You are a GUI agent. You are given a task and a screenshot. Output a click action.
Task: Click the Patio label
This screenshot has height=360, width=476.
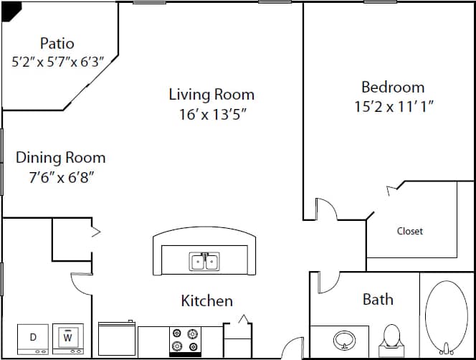(x=57, y=44)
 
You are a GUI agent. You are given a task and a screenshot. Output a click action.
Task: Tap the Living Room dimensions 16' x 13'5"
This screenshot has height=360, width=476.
(x=211, y=113)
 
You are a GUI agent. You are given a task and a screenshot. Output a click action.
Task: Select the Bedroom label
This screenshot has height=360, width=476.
(x=393, y=87)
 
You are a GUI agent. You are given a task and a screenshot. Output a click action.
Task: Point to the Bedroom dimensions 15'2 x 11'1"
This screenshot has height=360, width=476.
(x=394, y=106)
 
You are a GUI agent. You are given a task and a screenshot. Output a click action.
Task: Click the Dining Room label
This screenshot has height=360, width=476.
(x=61, y=158)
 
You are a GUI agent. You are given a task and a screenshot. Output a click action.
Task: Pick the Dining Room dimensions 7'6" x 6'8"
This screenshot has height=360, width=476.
(x=61, y=177)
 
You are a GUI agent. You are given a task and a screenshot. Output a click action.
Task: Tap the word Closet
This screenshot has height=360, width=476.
(x=409, y=231)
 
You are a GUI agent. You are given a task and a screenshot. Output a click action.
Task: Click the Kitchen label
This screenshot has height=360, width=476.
(x=206, y=300)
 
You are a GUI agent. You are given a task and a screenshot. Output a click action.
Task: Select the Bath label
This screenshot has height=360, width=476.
(x=378, y=299)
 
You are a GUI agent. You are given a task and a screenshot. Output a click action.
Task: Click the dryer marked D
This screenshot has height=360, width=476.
(x=33, y=338)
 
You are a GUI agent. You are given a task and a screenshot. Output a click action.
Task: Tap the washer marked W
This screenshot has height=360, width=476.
(x=68, y=338)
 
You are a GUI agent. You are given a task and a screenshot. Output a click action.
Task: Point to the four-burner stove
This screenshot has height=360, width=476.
(x=185, y=341)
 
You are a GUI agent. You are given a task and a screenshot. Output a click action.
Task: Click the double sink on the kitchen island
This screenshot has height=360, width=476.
(x=204, y=262)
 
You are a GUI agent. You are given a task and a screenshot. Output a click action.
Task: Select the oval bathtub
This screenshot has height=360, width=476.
(x=446, y=313)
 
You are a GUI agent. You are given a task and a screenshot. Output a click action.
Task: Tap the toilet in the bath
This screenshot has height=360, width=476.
(x=391, y=337)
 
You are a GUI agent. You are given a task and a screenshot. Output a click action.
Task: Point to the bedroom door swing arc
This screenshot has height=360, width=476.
(x=327, y=209)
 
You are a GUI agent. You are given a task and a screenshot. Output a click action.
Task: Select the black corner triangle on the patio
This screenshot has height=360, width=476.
(x=10, y=8)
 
